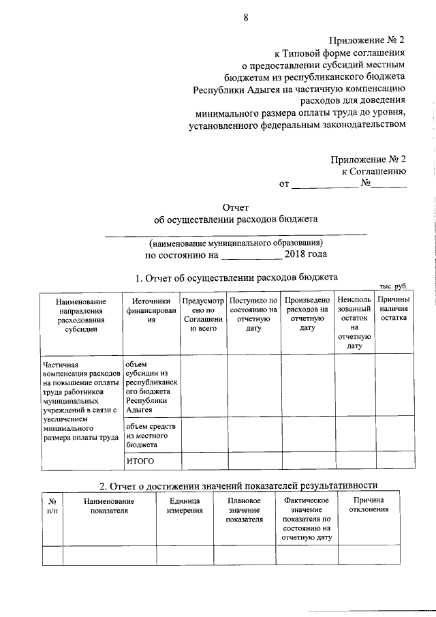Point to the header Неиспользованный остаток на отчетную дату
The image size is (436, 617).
pyautogui.click(x=354, y=322)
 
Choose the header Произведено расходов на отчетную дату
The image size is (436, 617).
pyautogui.click(x=307, y=314)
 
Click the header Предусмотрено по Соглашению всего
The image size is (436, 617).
pyautogui.click(x=202, y=314)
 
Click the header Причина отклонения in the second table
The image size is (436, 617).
pyautogui.click(x=369, y=505)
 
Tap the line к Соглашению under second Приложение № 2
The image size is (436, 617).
pyautogui.click(x=374, y=171)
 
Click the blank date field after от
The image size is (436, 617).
pyautogui.click(x=325, y=183)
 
